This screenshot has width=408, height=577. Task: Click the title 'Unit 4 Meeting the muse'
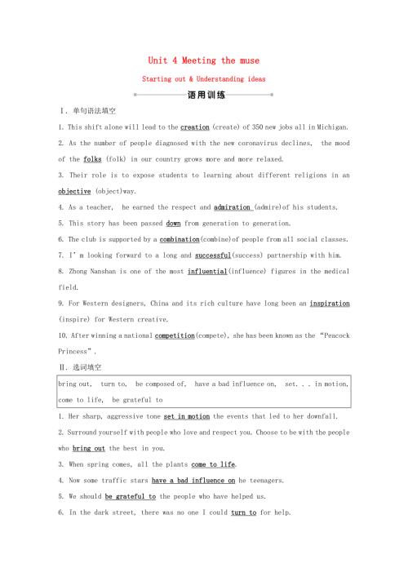203,60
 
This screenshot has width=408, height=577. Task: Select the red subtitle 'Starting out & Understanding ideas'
203,79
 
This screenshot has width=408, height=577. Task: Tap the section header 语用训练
203,95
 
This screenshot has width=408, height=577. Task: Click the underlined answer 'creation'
194,127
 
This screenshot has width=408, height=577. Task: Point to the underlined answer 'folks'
91,159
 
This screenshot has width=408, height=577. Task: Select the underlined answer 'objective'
74,191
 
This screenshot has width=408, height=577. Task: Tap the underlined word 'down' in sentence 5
173,223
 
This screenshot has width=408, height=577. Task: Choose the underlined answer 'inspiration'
330,303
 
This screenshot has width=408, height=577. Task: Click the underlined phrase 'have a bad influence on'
193,481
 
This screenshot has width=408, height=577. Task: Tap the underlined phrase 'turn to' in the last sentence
244,513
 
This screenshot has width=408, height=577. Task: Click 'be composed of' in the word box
162,384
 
